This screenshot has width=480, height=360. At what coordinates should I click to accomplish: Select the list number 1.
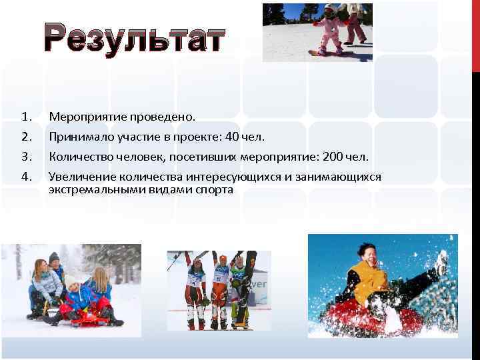coord(27,117)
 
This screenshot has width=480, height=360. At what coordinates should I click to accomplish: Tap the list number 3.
coord(27,157)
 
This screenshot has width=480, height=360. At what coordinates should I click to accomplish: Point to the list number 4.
coord(27,177)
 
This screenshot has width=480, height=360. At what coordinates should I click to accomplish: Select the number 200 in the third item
coord(332,157)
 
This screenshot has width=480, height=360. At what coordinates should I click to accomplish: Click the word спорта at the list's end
coord(213,189)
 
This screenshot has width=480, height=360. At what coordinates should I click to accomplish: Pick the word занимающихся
coord(335,177)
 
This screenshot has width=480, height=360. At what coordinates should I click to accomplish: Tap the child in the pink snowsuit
coord(328,28)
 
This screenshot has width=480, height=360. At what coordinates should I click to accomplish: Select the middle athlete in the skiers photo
coord(220,287)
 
